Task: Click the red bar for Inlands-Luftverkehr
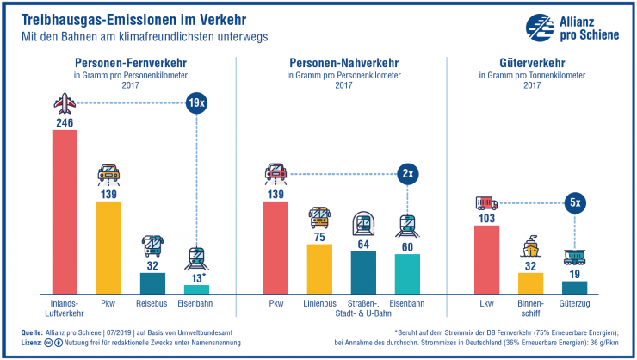[65, 212]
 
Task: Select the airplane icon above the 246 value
[65, 104]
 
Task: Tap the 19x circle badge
[197, 104]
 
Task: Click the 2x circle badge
[407, 173]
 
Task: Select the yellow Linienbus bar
[319, 269]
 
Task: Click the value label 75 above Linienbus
[319, 236]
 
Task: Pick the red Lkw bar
[486, 259]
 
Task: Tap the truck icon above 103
[486, 204]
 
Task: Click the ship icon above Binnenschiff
[530, 250]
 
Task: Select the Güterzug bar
[574, 287]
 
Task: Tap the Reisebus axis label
[152, 304]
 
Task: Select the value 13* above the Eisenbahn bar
[197, 277]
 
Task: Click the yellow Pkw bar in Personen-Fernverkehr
[108, 247]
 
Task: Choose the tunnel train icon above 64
[363, 225]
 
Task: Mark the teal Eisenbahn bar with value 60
[407, 274]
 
